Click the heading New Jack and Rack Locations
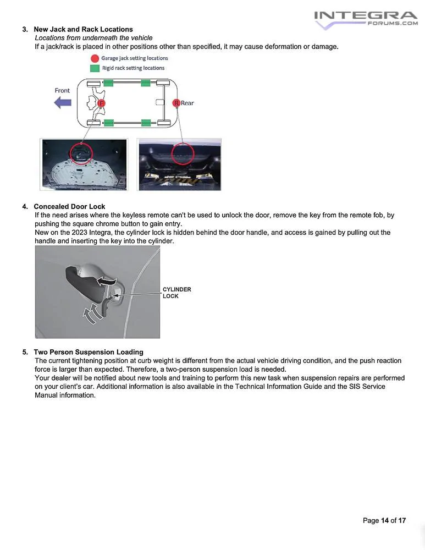[83, 29]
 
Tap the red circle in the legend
[95, 58]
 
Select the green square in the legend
[95, 68]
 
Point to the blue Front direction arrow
[63, 102]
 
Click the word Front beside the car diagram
[62, 90]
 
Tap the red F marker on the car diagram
[101, 103]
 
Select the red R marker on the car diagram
[176, 103]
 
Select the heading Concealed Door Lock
[69, 207]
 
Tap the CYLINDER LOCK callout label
[176, 293]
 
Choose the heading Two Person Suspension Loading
[88, 352]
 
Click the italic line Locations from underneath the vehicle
[93, 38]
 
